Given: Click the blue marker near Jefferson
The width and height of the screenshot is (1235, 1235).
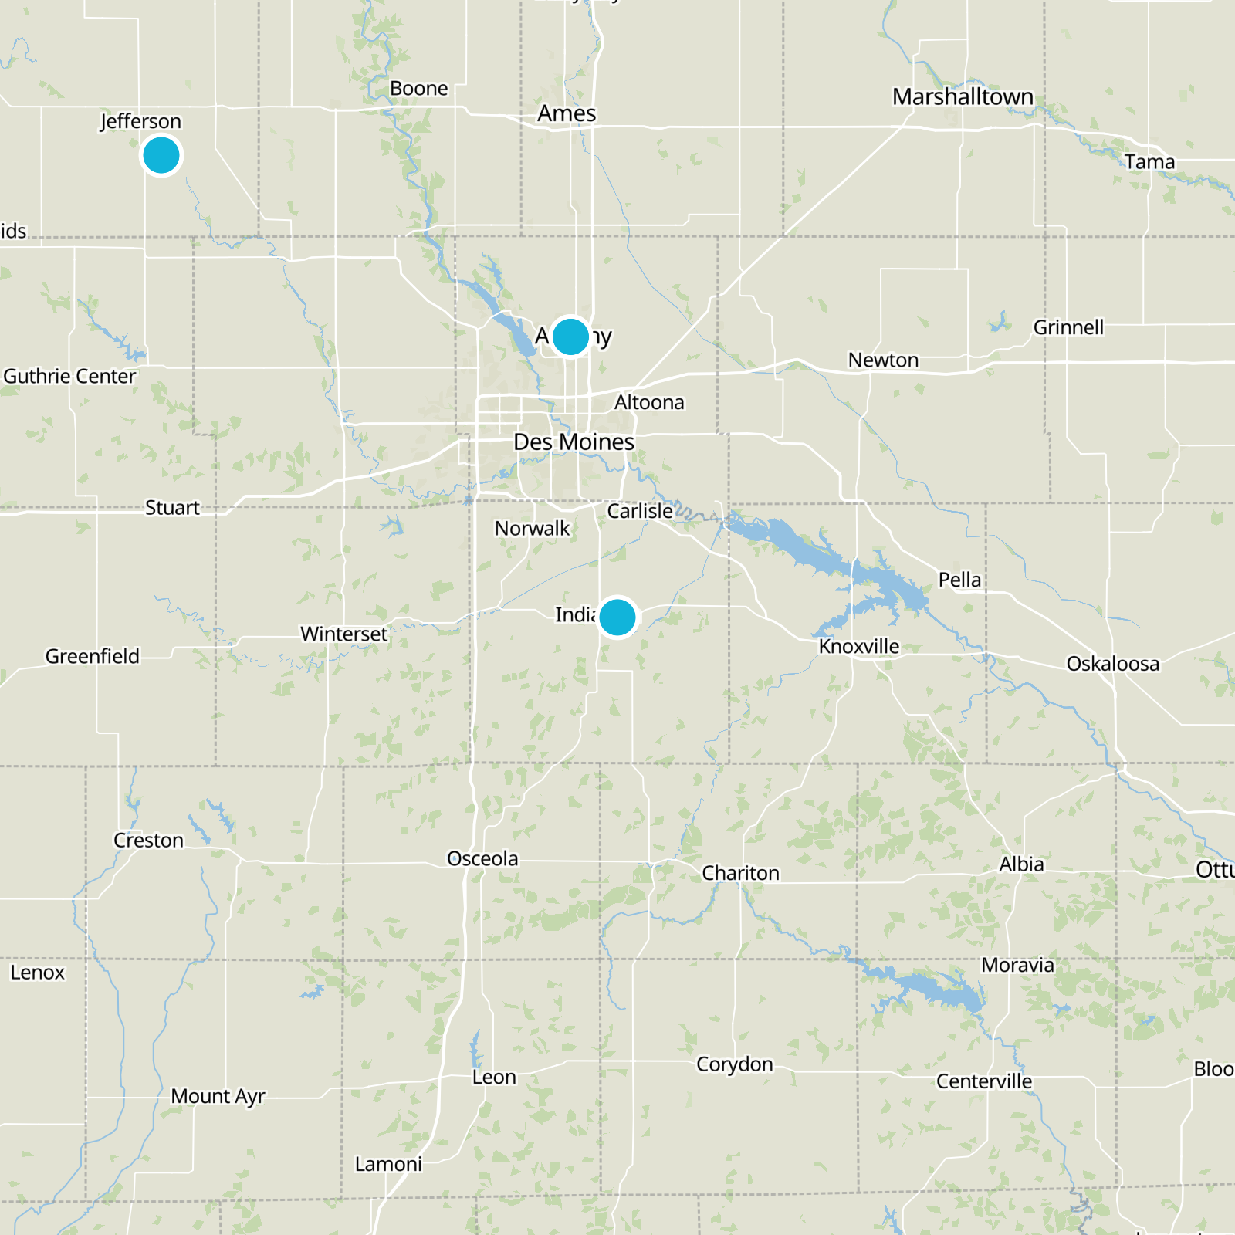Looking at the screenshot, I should (x=161, y=155).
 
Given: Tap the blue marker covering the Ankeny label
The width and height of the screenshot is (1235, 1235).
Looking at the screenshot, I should (x=570, y=336).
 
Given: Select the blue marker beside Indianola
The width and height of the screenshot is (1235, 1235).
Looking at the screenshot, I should (x=617, y=617).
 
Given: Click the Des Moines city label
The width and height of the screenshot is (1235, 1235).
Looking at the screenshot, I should (x=574, y=442).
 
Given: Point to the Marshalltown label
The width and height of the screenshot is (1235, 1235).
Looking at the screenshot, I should (x=963, y=97).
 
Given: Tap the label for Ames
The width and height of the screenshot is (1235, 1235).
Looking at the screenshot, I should (x=567, y=113).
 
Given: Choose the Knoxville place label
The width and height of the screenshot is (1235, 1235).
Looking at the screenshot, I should (x=859, y=646).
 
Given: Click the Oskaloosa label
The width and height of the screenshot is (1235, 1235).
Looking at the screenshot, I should (x=1112, y=664).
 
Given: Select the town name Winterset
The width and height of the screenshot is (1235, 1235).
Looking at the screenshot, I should (x=343, y=634).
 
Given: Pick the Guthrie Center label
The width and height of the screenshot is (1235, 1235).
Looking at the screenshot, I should (x=69, y=376).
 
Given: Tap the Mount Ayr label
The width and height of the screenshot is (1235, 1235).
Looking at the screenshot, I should (x=218, y=1096).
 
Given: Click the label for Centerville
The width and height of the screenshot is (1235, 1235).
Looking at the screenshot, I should (x=983, y=1081).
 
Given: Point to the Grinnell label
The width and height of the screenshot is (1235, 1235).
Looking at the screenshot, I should (x=1068, y=327).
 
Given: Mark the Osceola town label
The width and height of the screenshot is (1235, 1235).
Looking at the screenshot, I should (x=482, y=858).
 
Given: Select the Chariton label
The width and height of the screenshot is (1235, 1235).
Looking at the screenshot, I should (x=740, y=873).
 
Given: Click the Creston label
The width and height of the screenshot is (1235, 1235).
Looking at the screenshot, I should (x=148, y=840).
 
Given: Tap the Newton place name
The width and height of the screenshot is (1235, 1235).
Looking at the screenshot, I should (x=883, y=360).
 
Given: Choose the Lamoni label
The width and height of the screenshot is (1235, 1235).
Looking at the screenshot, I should (x=388, y=1164).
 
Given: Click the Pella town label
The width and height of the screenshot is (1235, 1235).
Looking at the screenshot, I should (x=959, y=580).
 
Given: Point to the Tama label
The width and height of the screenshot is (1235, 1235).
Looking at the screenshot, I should (x=1149, y=162).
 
